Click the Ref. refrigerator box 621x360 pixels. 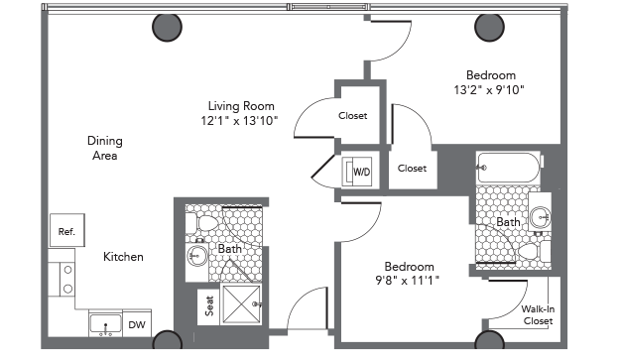(66, 230)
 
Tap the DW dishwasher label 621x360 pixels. (137, 325)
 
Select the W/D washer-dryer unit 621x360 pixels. (357, 172)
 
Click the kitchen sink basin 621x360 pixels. (105, 324)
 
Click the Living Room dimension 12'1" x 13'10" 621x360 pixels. (239, 120)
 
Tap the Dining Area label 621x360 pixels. (105, 148)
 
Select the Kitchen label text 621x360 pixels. (123, 257)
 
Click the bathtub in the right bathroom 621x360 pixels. (509, 168)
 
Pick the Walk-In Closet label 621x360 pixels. (538, 314)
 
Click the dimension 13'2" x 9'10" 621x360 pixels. (489, 90)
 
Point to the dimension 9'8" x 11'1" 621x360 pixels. (407, 281)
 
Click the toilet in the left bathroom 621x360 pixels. (201, 223)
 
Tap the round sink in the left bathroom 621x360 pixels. (196, 256)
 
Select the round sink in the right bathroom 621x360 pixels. (541, 216)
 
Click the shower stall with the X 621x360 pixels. (242, 304)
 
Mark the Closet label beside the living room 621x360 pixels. (352, 116)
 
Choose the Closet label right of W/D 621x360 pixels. (412, 169)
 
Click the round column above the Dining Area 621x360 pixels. (167, 27)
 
